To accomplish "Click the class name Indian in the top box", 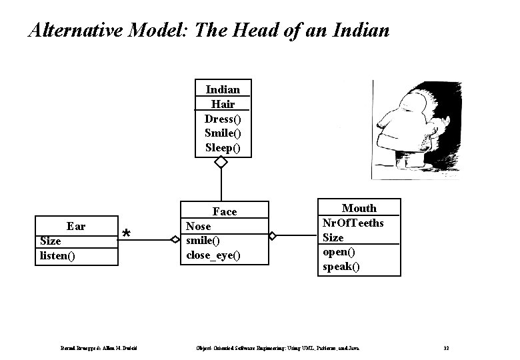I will (223, 89).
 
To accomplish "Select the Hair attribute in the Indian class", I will (223, 104).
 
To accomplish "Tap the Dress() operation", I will (223, 119).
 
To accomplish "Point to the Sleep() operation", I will (223, 147).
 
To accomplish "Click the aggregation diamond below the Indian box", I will (221, 163).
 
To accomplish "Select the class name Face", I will (224, 211).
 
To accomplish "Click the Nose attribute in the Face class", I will (199, 226).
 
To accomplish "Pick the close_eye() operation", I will (213, 255).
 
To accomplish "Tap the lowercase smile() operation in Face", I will (203, 241).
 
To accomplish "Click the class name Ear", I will (76, 226).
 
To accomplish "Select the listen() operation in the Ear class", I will (58, 255).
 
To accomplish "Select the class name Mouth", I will (359, 208).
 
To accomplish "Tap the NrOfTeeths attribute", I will (353, 223).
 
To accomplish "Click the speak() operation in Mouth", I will (341, 267).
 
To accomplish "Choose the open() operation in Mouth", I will (339, 252).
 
